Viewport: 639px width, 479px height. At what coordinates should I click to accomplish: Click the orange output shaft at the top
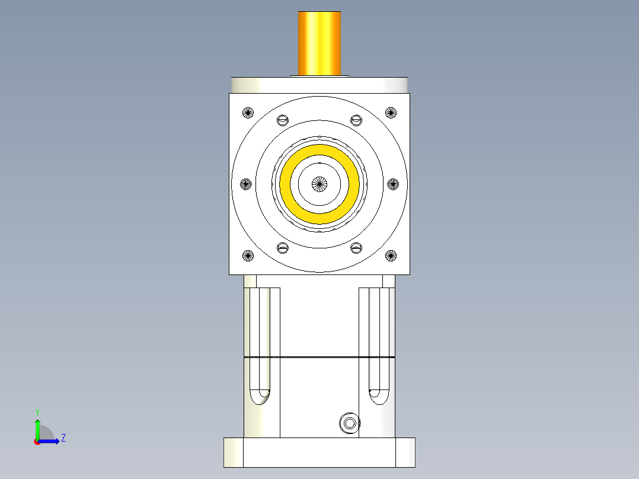[x=319, y=43]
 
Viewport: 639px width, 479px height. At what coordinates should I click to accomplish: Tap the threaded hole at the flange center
[x=319, y=184]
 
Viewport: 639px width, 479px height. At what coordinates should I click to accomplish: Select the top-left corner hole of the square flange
[x=248, y=112]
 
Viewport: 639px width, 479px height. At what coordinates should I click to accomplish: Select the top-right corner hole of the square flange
[x=391, y=112]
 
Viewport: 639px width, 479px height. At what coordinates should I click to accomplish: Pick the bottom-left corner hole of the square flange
[x=248, y=256]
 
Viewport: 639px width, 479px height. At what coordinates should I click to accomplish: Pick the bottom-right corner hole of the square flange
[x=391, y=256]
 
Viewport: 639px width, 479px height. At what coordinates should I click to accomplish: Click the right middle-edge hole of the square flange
[x=393, y=184]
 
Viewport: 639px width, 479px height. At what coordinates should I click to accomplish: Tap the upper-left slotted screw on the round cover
[x=283, y=120]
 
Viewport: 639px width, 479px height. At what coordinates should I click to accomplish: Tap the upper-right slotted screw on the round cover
[x=356, y=120]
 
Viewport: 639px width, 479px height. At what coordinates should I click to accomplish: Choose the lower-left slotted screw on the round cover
[x=283, y=248]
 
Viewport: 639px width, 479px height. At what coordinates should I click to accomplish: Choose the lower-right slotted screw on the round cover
[x=356, y=248]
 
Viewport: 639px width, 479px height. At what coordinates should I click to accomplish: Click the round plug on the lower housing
[x=349, y=423]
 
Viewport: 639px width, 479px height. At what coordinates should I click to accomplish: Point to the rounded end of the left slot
[x=260, y=395]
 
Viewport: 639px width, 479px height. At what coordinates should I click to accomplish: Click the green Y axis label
[x=37, y=411]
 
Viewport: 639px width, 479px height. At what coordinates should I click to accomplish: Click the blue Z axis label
[x=63, y=438]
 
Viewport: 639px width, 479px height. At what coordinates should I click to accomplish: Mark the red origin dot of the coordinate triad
[x=37, y=442]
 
